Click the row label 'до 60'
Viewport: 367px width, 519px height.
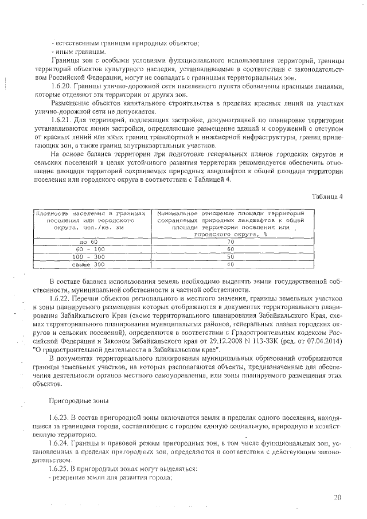91,242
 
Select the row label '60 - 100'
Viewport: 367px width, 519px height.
91,249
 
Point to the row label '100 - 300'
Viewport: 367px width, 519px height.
91,257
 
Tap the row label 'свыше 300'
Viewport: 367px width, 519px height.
91,264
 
